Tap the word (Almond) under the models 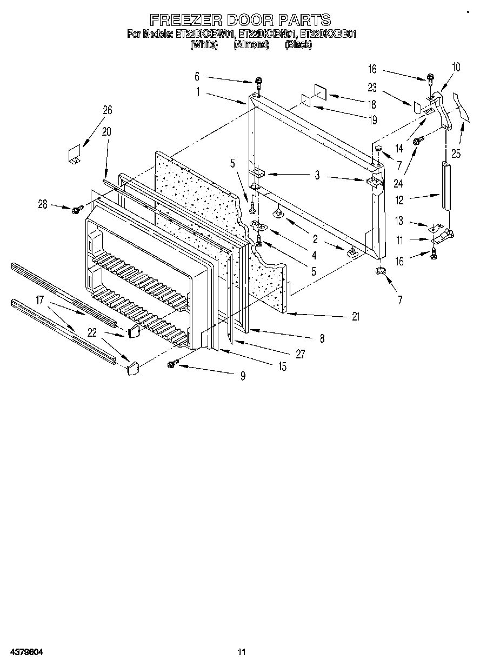pyautogui.click(x=251, y=45)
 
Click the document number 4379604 pyautogui.click(x=26, y=652)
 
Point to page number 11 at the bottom pyautogui.click(x=241, y=652)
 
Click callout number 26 pyautogui.click(x=108, y=110)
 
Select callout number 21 pyautogui.click(x=355, y=317)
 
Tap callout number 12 pyautogui.click(x=399, y=201)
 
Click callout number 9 pyautogui.click(x=243, y=376)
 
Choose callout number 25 pyautogui.click(x=456, y=154)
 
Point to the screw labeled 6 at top pyautogui.click(x=259, y=83)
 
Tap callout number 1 pyautogui.click(x=198, y=92)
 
